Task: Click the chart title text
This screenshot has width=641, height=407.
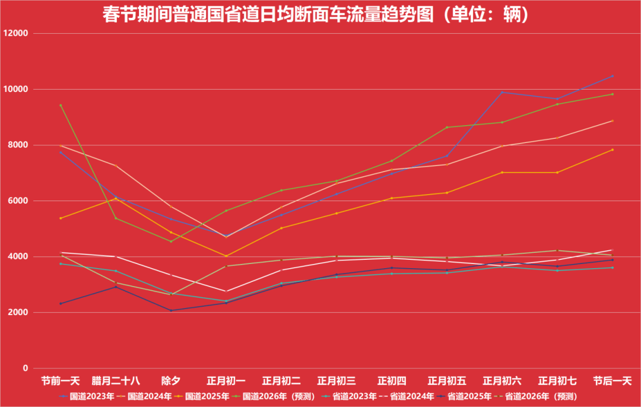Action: pyautogui.click(x=315, y=14)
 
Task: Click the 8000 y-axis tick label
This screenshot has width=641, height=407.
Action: pyautogui.click(x=18, y=145)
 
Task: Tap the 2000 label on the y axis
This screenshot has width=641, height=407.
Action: pyautogui.click(x=18, y=312)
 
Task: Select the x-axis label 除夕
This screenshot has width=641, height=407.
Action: pyautogui.click(x=171, y=380)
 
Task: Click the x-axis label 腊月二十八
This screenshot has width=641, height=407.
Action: pyautogui.click(x=116, y=380)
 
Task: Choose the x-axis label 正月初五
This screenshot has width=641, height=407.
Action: pyautogui.click(x=447, y=380)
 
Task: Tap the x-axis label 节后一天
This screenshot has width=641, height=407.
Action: pyautogui.click(x=613, y=380)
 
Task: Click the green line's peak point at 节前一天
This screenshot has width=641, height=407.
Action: pyautogui.click(x=61, y=105)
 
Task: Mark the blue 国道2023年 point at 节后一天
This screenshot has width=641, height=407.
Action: pyautogui.click(x=613, y=76)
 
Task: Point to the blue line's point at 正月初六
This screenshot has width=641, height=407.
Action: pyautogui.click(x=502, y=92)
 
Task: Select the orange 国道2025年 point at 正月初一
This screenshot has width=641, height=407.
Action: pyautogui.click(x=226, y=256)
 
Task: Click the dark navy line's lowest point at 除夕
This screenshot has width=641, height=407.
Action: pyautogui.click(x=171, y=310)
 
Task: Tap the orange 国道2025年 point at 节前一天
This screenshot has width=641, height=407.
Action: pyautogui.click(x=61, y=218)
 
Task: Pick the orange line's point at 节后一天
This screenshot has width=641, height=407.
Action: pyautogui.click(x=613, y=150)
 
